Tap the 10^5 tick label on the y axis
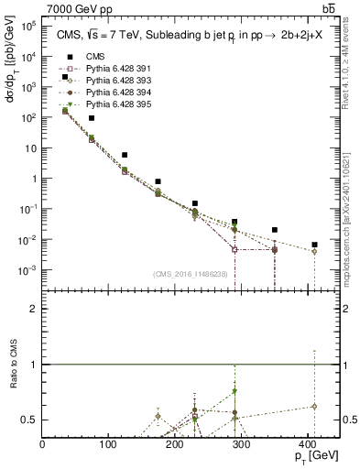click(x=27, y=26)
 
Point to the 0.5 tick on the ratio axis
click(x=31, y=420)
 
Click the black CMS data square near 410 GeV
click(x=314, y=245)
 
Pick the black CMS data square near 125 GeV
click(x=125, y=155)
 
